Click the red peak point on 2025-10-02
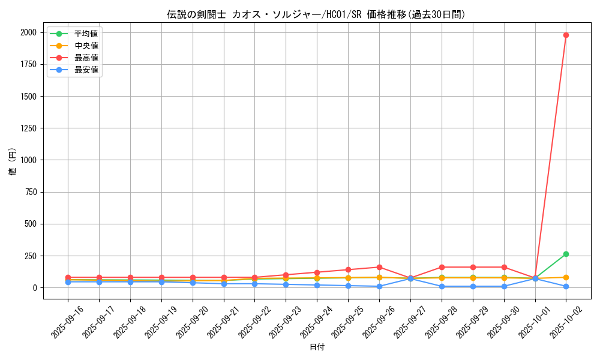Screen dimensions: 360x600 (566, 35)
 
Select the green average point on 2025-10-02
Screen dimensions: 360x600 (566, 254)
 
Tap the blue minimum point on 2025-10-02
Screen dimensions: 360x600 (566, 286)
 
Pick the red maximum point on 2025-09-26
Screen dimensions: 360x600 (379, 267)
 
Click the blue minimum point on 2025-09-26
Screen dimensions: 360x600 (379, 286)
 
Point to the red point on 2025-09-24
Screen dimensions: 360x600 (317, 272)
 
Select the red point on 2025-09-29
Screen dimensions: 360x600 (473, 267)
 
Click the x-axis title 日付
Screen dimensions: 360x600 (317, 347)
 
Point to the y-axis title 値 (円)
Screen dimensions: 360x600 (12, 163)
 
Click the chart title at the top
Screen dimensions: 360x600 (316, 14)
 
